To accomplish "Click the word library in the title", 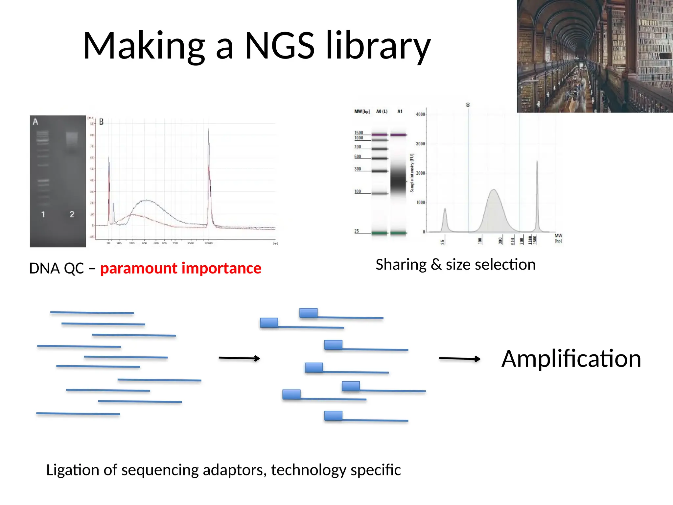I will click(x=378, y=46).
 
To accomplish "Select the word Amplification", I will click(x=571, y=359).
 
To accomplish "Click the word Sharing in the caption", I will click(x=401, y=265).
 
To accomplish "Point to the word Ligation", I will click(x=72, y=470).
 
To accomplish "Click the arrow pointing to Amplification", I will click(x=460, y=359).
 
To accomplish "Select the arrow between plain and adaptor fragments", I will click(x=239, y=358).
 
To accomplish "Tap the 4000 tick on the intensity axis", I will click(x=420, y=114).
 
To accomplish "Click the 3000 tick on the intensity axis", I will click(x=420, y=144).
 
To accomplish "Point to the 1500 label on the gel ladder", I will click(x=359, y=133).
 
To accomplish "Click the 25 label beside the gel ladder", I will click(x=357, y=231).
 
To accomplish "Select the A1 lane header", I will click(x=400, y=111).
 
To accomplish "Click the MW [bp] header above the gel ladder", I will click(x=362, y=111).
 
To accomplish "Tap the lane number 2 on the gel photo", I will click(x=72, y=214).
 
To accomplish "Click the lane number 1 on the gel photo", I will click(x=43, y=214).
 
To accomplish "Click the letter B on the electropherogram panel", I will click(x=101, y=122).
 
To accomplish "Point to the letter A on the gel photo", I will click(x=35, y=122).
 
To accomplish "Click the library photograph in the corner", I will click(x=595, y=56).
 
